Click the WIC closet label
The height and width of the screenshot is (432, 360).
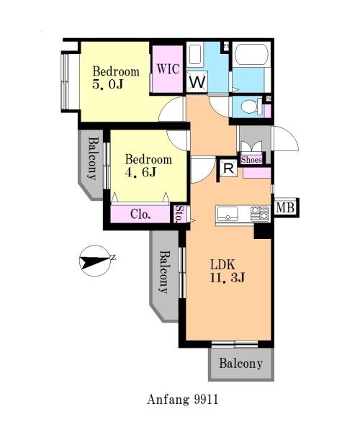(x=168, y=68)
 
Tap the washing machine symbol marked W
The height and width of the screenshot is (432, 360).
(x=197, y=82)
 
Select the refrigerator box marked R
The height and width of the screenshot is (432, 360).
(x=229, y=168)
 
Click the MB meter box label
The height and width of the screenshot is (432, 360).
(x=285, y=207)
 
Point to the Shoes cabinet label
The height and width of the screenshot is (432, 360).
(x=251, y=160)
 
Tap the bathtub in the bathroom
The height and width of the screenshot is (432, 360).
(x=252, y=54)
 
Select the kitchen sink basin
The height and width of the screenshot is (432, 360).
(x=228, y=214)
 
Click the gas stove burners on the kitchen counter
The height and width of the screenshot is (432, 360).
(x=259, y=214)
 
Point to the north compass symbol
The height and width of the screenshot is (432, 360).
(x=95, y=261)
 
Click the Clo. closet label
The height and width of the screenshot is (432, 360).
(x=140, y=214)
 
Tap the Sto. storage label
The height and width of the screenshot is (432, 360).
(x=179, y=214)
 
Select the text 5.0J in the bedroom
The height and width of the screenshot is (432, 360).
(x=108, y=84)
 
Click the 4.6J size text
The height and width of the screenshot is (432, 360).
(x=140, y=172)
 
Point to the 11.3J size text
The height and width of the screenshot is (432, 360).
(x=228, y=277)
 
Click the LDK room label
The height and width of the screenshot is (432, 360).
(x=222, y=264)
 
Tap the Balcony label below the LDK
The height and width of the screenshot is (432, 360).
(x=240, y=364)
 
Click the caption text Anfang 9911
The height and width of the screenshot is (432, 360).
(x=182, y=400)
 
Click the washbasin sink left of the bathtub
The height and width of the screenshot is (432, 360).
(x=195, y=54)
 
